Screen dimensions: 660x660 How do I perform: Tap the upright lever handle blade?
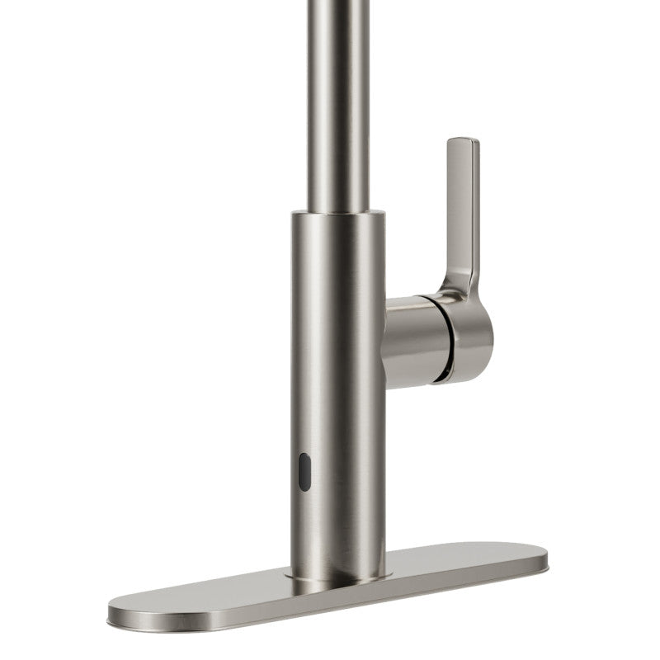460,206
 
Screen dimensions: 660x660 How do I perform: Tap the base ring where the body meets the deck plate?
338,573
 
